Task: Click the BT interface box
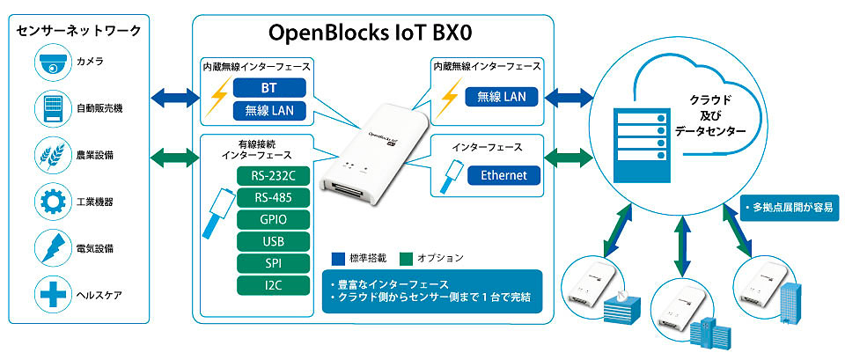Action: [269, 87]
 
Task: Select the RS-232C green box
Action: [273, 176]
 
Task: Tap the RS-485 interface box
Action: [273, 198]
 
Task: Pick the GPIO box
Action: [273, 220]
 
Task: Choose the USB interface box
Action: [273, 241]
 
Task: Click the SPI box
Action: [273, 263]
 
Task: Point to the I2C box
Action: [273, 286]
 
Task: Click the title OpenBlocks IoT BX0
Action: [371, 33]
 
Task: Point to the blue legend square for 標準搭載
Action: [338, 258]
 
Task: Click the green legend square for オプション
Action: [406, 258]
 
